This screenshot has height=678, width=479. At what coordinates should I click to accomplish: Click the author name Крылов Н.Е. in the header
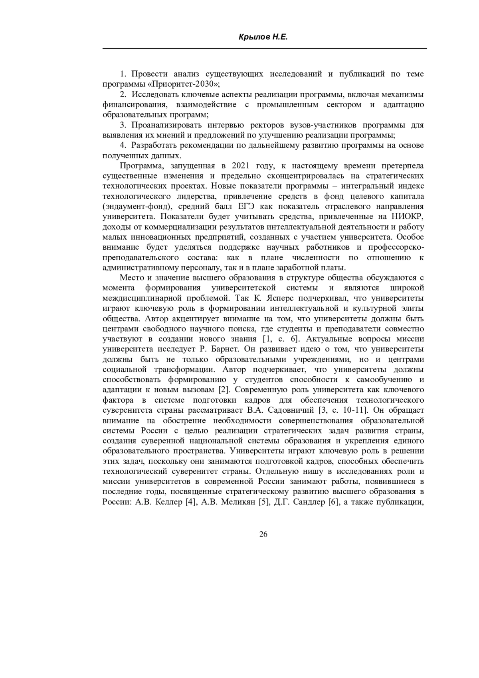point(263,37)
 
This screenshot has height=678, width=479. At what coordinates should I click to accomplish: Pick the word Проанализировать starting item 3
point(160,125)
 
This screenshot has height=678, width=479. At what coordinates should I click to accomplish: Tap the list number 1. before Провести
point(123,74)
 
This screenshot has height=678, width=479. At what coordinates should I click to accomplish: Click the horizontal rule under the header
point(265,49)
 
